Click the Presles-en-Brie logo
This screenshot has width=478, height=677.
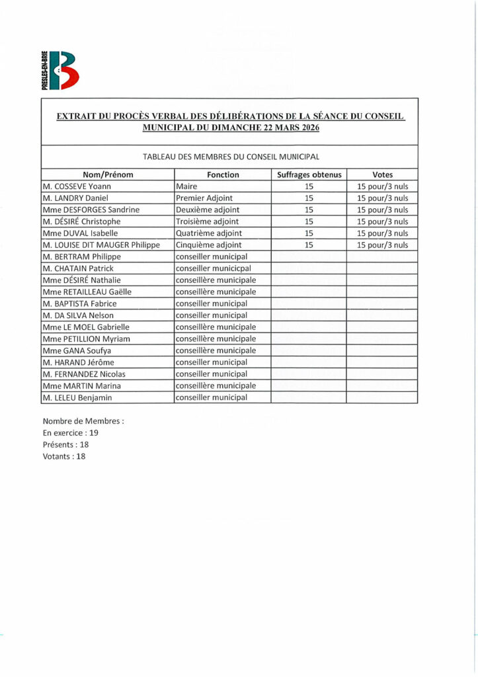tap(60, 70)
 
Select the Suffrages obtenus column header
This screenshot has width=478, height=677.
tap(308, 175)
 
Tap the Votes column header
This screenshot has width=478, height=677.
tap(382, 175)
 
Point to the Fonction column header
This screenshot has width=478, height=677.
tap(223, 175)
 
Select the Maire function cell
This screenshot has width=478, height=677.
tap(186, 186)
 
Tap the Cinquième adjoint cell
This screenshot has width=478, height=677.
tap(209, 245)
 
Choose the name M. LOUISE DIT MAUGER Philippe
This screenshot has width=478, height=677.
tap(101, 245)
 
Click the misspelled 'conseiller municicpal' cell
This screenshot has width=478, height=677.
tap(214, 268)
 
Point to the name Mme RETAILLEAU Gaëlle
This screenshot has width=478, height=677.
tap(87, 292)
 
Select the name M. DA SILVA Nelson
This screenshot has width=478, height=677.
tap(78, 315)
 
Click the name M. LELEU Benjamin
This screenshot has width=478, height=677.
tap(77, 397)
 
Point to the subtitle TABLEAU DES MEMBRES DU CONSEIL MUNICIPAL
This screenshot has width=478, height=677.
tap(231, 157)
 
